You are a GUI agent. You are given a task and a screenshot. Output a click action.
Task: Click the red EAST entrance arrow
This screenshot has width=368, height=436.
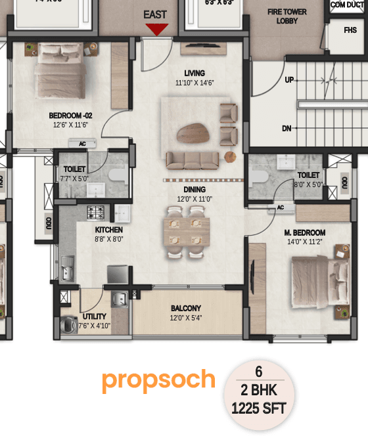coord(156,28)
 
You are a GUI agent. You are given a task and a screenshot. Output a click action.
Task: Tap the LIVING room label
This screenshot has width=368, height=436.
coord(194,73)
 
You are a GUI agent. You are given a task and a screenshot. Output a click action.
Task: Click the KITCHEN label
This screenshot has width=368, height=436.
coord(108,230)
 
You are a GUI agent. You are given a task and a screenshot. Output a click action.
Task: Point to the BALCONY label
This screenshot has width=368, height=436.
coord(186,308)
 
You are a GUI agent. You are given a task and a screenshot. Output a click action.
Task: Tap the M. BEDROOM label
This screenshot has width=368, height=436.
coord(304,232)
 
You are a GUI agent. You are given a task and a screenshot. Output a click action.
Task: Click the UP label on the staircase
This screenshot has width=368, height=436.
coord(288,79)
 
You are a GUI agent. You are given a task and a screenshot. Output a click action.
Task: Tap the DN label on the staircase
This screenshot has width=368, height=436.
coord(287,129)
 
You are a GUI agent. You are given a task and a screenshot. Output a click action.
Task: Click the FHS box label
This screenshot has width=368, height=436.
coord(350,30)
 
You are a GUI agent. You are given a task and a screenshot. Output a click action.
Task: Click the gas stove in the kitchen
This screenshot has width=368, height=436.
coord(97,212)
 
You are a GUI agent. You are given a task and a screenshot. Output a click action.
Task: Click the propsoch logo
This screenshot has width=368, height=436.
coord(158,380)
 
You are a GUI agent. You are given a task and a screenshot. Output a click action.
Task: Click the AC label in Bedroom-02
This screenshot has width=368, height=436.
coord(83,143)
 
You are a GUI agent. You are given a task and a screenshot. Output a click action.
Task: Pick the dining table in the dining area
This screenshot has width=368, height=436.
coord(187,231)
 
